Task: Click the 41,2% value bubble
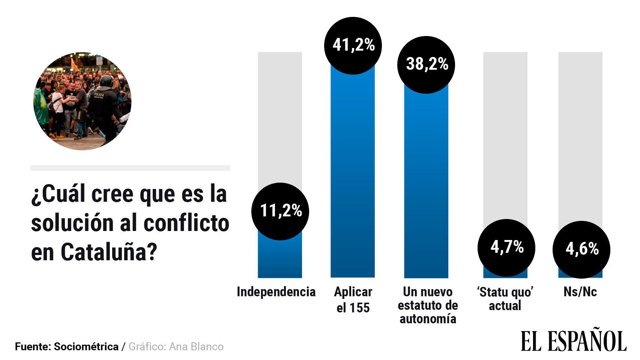(353, 45)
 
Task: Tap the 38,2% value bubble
(426, 64)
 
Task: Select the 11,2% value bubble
(280, 211)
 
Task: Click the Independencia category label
(276, 292)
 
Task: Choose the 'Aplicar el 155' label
(353, 300)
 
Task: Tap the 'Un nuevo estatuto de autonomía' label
(428, 305)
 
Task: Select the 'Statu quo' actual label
(505, 299)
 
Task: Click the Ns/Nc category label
(580, 292)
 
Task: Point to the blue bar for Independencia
(280, 259)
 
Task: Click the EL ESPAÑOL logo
(573, 341)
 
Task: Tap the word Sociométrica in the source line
(86, 346)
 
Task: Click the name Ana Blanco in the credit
(196, 346)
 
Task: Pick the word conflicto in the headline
(186, 223)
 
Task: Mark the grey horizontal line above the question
(130, 168)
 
